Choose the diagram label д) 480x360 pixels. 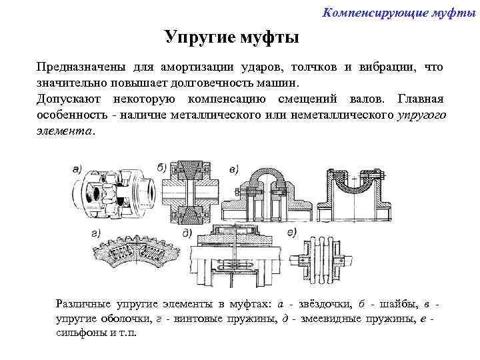pyautogui.click(x=187, y=233)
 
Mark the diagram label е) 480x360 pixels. pyautogui.click(x=291, y=233)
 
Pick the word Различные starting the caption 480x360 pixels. pyautogui.click(x=85, y=303)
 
